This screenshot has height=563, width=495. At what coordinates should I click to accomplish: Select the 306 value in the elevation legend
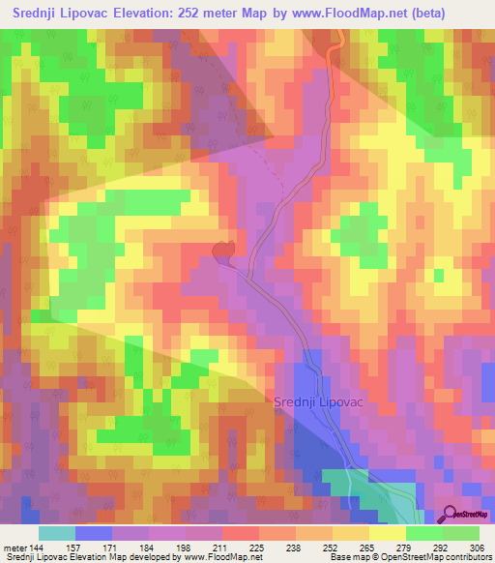tap(479, 547)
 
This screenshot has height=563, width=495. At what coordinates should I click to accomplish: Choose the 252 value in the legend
tap(332, 547)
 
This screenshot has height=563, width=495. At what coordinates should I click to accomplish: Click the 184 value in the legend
tap(148, 547)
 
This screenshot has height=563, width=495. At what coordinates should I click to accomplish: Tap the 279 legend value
tap(405, 547)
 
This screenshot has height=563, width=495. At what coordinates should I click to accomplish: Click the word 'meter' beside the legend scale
tap(14, 547)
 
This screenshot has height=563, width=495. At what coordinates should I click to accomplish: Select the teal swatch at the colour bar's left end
tap(56, 533)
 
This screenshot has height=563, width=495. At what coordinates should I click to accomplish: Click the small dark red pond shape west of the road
tap(224, 252)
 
